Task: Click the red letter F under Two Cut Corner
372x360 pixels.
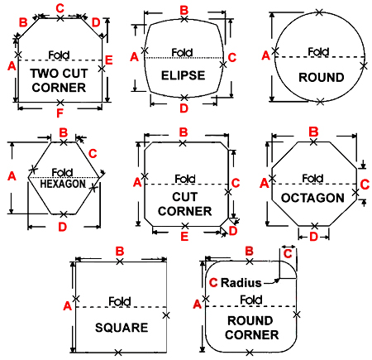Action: click(x=60, y=113)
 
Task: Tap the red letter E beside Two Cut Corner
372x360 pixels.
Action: click(x=109, y=60)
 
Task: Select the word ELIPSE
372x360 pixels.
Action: click(x=183, y=75)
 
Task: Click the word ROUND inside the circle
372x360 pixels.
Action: click(x=322, y=77)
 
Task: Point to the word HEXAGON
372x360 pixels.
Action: click(x=63, y=184)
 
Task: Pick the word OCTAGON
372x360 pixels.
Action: click(x=312, y=198)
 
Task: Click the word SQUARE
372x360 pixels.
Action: click(x=122, y=328)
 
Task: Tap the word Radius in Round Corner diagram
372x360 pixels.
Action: click(x=241, y=283)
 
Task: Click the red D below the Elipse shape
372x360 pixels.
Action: click(x=184, y=108)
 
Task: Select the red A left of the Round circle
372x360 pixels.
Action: click(x=265, y=55)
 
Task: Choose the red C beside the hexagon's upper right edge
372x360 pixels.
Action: click(x=93, y=154)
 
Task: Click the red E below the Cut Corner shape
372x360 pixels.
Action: click(x=184, y=237)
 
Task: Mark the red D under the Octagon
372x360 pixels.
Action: click(x=313, y=237)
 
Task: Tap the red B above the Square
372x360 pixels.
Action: click(x=120, y=252)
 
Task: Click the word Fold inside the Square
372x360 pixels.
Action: click(x=120, y=301)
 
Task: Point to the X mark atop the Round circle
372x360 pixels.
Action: click(x=319, y=12)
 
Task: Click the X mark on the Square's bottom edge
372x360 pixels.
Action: click(x=118, y=353)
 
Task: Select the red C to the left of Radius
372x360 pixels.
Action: click(x=213, y=283)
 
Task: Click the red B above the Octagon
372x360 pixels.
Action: click(x=313, y=132)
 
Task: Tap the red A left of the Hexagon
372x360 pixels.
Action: click(x=12, y=176)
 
